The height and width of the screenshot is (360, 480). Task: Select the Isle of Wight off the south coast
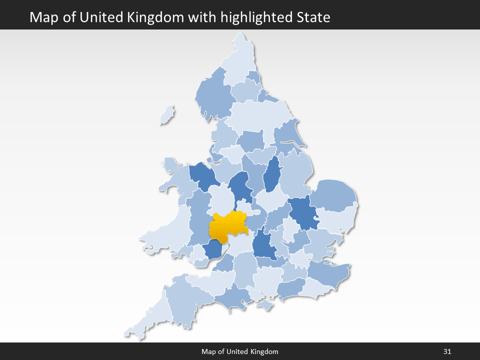pyautogui.click(x=265, y=304)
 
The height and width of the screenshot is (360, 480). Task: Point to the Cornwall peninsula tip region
pyautogui.click(x=150, y=320)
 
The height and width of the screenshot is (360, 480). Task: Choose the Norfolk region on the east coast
pyautogui.click(x=334, y=195)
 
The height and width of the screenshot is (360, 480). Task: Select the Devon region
pyautogui.click(x=187, y=300)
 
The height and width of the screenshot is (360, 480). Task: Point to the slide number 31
pyautogui.click(x=447, y=351)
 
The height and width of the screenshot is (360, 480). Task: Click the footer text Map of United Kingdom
pyautogui.click(x=240, y=351)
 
